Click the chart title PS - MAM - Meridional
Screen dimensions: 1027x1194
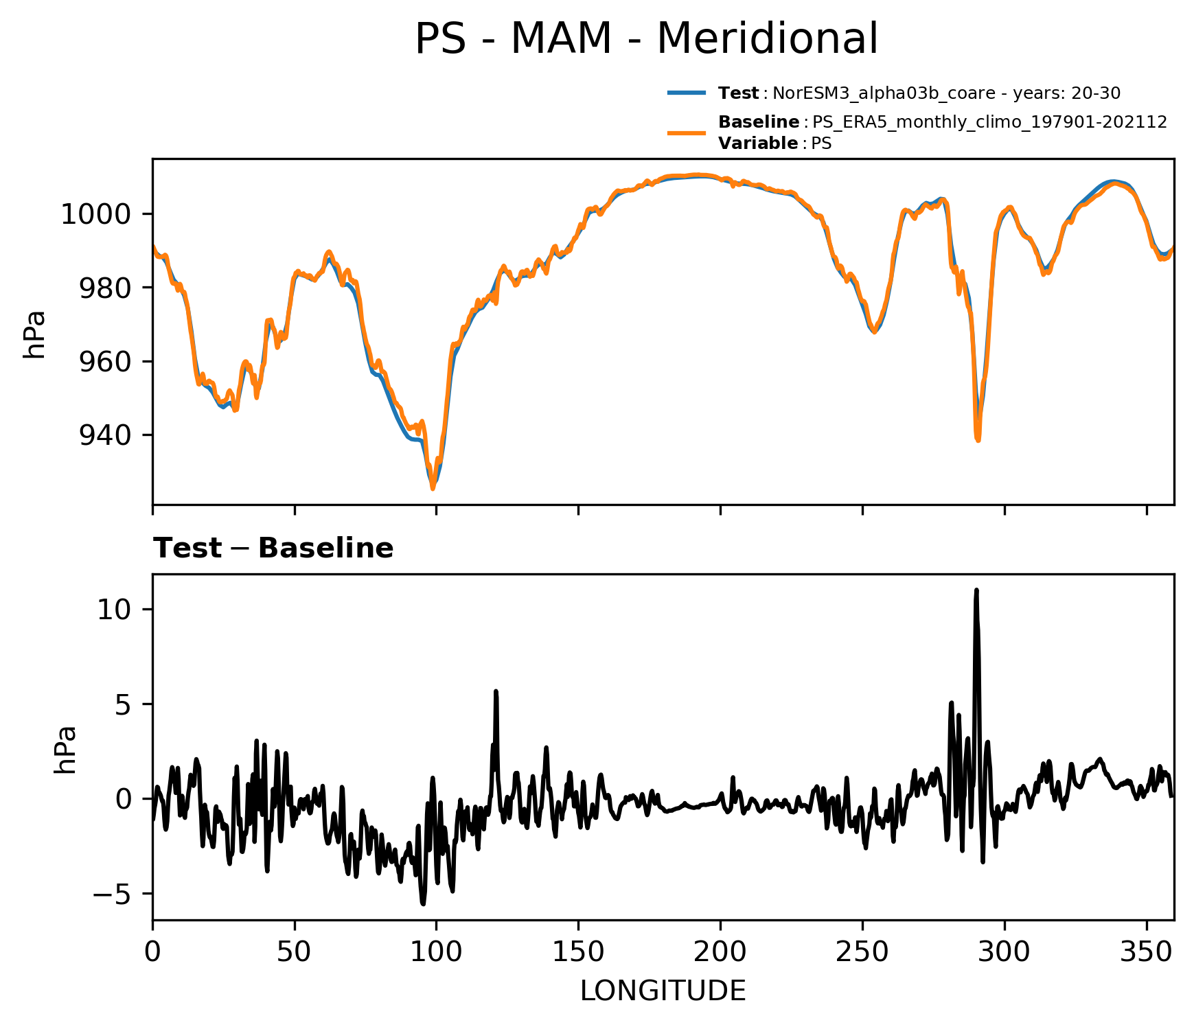646,39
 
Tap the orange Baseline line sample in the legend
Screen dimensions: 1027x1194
686,132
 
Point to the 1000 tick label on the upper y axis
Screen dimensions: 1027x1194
95,215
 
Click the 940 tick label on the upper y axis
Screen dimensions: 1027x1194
104,435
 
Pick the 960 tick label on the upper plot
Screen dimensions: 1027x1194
104,362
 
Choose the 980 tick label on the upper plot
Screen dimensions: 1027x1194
104,288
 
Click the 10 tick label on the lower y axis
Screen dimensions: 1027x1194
113,610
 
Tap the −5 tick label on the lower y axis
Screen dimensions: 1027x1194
111,895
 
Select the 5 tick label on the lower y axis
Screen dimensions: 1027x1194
122,705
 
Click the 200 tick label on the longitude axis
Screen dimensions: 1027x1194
720,952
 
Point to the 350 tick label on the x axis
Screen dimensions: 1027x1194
1146,952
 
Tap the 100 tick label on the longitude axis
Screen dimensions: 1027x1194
436,952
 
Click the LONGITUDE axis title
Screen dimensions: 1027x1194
663,991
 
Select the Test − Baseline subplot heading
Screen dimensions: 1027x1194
273,549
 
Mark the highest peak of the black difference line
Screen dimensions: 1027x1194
976,590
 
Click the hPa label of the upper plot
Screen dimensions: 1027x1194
34,334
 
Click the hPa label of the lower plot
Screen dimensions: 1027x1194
65,750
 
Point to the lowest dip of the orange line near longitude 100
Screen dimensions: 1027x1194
433,488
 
